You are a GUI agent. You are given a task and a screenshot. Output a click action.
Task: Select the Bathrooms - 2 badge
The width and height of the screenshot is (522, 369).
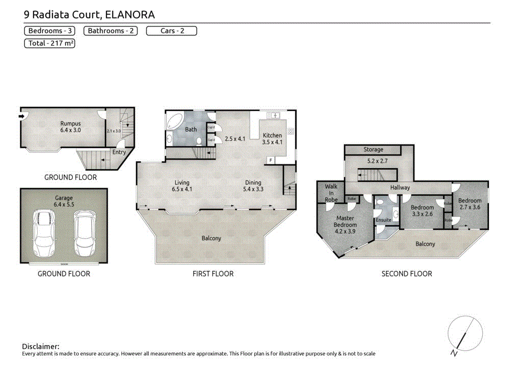click(x=111, y=31)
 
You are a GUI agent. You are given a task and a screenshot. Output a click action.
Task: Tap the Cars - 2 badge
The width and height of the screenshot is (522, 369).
click(x=171, y=31)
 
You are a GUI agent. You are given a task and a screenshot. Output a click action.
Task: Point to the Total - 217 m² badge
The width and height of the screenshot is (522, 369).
click(x=50, y=43)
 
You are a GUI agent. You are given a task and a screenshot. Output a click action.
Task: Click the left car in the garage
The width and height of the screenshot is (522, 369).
click(x=43, y=233)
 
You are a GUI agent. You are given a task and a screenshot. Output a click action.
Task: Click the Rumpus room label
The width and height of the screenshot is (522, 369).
click(x=70, y=126)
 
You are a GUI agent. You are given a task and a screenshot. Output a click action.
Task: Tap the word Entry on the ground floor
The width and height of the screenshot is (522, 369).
click(x=119, y=152)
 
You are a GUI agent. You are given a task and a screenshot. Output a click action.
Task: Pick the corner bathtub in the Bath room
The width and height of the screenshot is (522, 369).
click(x=174, y=121)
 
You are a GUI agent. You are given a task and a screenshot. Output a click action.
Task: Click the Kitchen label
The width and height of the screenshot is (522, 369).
click(x=272, y=139)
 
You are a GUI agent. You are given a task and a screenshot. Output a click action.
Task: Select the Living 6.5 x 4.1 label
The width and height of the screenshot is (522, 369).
click(x=181, y=186)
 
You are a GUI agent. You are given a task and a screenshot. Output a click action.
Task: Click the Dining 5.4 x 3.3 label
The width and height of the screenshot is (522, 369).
click(x=253, y=186)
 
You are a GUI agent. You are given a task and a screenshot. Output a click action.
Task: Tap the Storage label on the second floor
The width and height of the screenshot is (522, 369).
click(x=373, y=149)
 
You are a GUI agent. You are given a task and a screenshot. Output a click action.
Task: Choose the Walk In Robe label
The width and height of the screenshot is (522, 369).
click(x=331, y=193)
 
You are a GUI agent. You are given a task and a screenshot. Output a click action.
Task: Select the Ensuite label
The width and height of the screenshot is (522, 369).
click(x=383, y=220)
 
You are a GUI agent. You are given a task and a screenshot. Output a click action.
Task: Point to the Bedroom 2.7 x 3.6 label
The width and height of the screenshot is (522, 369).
click(x=469, y=204)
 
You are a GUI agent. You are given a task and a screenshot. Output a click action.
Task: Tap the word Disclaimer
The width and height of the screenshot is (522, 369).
click(x=41, y=346)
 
